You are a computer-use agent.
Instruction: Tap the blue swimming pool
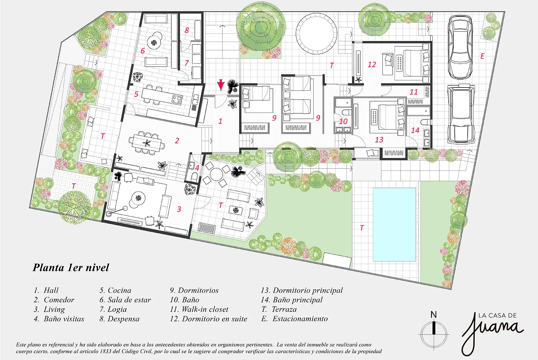(394, 224)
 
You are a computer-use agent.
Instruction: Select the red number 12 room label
(372, 65)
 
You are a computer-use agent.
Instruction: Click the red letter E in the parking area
(482, 56)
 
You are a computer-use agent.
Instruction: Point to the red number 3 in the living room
(179, 209)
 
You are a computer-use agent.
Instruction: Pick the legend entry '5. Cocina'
(115, 290)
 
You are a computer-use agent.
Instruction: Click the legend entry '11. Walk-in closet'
(199, 309)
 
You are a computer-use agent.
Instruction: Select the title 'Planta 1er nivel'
(71, 267)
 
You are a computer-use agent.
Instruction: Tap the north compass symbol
(434, 330)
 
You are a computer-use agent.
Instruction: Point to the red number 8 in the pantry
(187, 30)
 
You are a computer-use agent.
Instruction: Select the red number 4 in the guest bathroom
(197, 168)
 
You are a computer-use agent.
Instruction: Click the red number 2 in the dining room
(177, 141)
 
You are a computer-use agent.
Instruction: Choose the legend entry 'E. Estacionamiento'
(294, 319)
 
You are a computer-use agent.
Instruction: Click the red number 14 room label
(415, 130)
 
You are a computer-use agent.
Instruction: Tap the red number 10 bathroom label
(343, 121)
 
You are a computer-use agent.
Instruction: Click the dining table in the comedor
(146, 143)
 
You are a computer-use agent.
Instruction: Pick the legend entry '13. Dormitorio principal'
(302, 290)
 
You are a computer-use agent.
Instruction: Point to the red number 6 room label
(143, 51)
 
